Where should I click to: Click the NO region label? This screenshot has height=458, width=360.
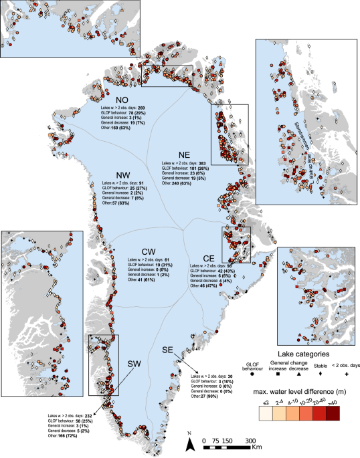pyautogui.click(x=123, y=96)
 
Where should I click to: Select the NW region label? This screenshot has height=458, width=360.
pyautogui.click(x=122, y=176)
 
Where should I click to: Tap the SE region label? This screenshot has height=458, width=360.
pyautogui.click(x=171, y=350)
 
